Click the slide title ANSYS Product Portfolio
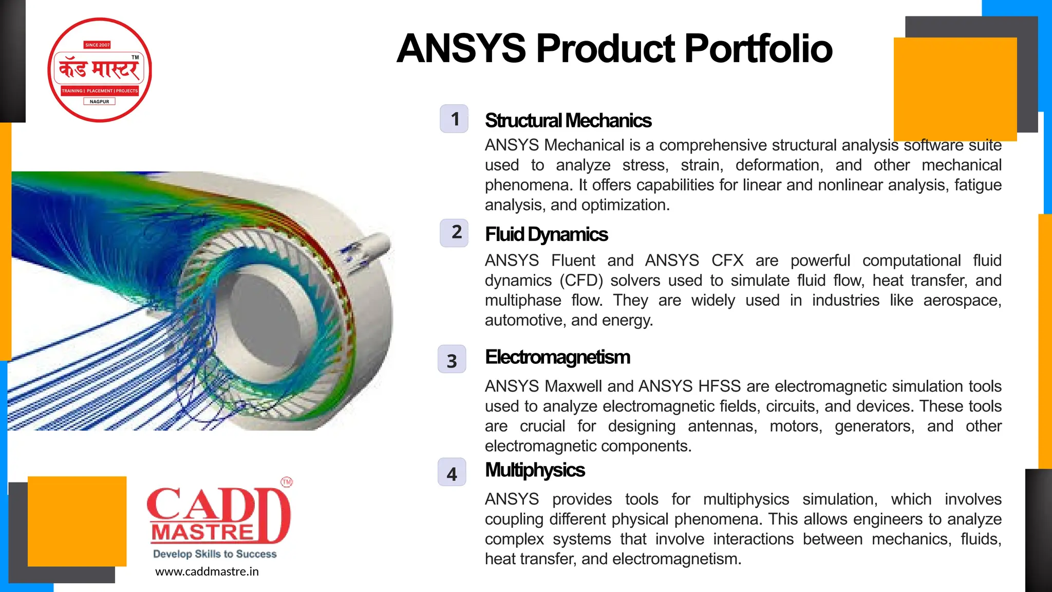click(614, 49)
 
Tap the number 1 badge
click(454, 119)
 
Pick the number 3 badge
click(452, 360)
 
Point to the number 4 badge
click(452, 473)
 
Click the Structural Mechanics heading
click(568, 121)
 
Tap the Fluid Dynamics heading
click(547, 235)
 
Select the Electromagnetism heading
click(558, 357)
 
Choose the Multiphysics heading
click(535, 470)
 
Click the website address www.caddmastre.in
click(207, 571)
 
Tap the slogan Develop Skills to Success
click(215, 554)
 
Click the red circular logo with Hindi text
click(100, 70)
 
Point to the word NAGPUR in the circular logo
click(100, 102)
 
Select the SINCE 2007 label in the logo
click(98, 45)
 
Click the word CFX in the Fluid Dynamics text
click(727, 261)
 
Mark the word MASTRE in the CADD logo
click(203, 533)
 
